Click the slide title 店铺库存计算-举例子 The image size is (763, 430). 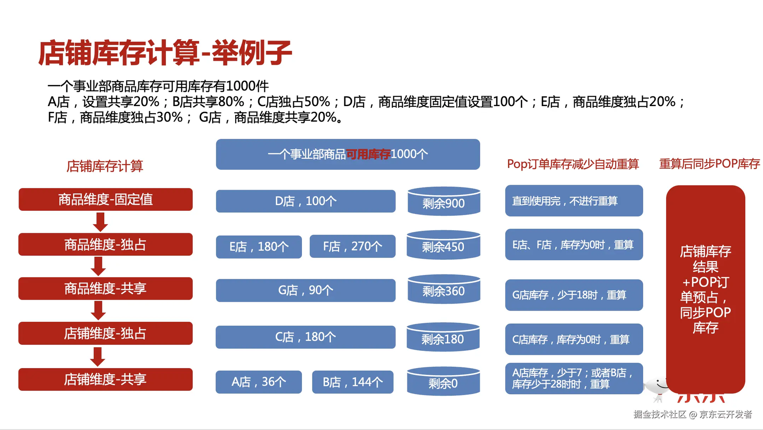coord(165,53)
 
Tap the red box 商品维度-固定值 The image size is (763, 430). coord(106,199)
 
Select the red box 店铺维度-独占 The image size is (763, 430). coord(106,333)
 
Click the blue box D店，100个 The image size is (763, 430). coord(305,201)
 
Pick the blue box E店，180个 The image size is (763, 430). coord(259,247)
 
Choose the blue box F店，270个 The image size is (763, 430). coord(352,246)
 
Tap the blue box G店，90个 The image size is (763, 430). coord(305,290)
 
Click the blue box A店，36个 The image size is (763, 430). coord(259,382)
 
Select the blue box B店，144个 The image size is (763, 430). coord(352,382)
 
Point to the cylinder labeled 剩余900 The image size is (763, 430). coord(444,201)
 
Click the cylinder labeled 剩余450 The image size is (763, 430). coord(443,245)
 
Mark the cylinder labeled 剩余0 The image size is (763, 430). coord(443,381)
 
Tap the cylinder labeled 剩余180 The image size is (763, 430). coord(443,337)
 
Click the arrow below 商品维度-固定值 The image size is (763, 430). coord(100,222)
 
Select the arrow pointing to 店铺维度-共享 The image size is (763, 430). coord(98,357)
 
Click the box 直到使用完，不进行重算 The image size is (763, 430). coord(574,201)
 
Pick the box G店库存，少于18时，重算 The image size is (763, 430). coord(574,295)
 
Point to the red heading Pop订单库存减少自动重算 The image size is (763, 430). coord(573,164)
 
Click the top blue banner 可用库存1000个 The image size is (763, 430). coord(348,154)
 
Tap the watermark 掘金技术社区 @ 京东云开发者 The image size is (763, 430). coord(692,414)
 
